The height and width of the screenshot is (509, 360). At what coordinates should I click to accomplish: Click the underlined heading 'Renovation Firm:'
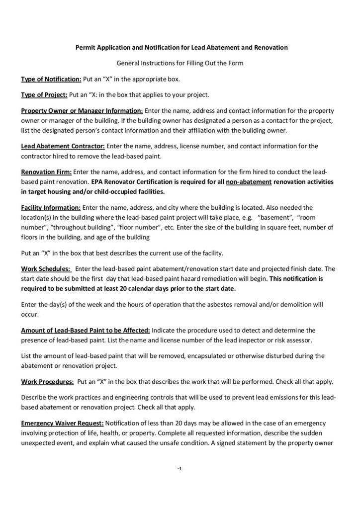click(x=46, y=171)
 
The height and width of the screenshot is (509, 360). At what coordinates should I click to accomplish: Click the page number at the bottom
click(x=180, y=469)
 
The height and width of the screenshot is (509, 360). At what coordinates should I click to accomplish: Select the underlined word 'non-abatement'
click(x=249, y=181)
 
